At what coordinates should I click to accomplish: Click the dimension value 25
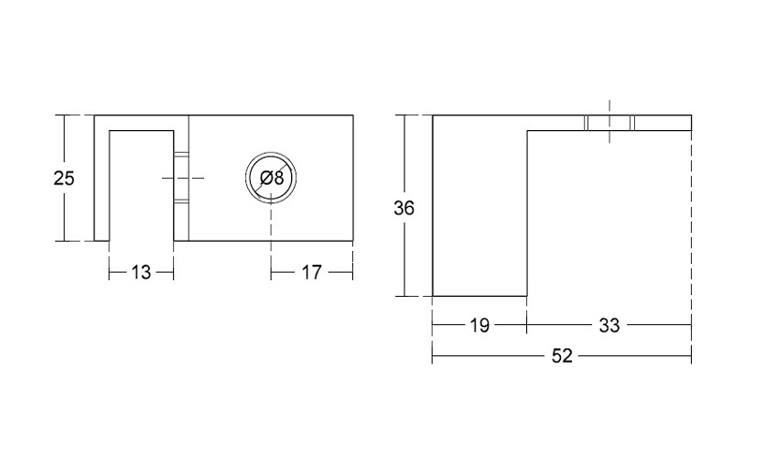click(x=64, y=179)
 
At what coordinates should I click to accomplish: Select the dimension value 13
click(x=141, y=272)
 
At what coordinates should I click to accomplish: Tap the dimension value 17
click(x=312, y=272)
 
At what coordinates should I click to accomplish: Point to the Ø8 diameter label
click(x=272, y=179)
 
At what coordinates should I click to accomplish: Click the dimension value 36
click(x=404, y=209)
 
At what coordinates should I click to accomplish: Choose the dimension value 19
click(x=479, y=325)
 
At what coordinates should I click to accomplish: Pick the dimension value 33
click(x=609, y=325)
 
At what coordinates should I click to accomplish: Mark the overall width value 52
click(x=562, y=356)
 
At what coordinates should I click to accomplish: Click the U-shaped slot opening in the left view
click(x=142, y=186)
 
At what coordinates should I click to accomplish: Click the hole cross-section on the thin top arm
click(x=609, y=123)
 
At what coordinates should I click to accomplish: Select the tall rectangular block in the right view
click(x=480, y=205)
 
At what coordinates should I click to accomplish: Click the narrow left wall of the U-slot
click(x=102, y=179)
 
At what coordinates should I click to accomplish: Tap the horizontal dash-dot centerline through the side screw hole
click(x=183, y=179)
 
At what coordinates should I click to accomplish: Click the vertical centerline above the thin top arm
click(x=609, y=121)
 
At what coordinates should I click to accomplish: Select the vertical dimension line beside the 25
click(x=64, y=179)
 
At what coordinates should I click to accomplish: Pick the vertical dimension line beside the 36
click(x=404, y=205)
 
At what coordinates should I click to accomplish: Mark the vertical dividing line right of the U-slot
click(x=189, y=179)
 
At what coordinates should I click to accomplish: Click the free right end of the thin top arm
click(x=691, y=123)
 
